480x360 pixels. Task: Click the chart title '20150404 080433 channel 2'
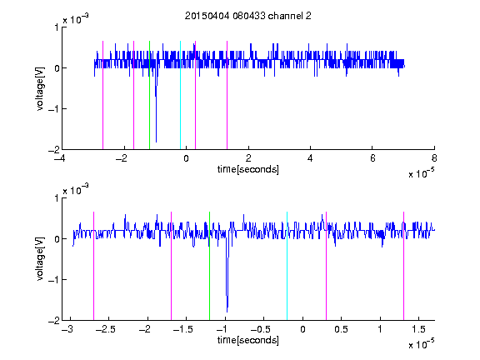248,16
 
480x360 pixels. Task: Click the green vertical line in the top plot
149,95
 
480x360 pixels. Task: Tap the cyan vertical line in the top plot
180,95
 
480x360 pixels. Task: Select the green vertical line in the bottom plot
209,266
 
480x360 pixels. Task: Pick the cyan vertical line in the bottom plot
287,266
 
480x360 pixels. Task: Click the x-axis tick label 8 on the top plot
434,158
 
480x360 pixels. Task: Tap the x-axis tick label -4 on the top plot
59,158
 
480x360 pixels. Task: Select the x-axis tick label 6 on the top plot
372,158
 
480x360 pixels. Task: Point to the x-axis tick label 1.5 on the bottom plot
418,329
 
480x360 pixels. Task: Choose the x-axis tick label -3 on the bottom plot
67,329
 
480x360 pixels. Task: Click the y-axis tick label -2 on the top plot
53,150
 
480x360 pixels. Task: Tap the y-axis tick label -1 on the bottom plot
53,279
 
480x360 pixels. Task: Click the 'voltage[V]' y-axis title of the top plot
40,88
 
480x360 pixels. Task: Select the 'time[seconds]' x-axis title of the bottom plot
248,340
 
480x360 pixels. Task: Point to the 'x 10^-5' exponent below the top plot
421,173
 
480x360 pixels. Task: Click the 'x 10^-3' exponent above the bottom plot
76,190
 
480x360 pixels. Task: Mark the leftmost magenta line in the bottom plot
93,266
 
